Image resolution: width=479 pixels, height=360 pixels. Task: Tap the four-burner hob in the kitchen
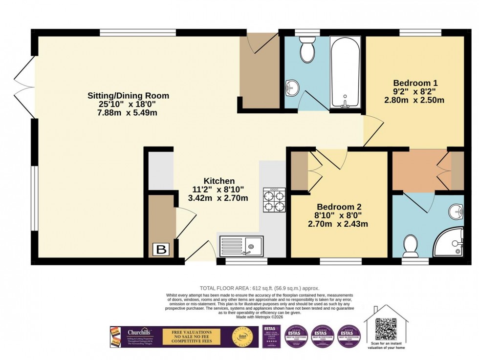pos(274,200)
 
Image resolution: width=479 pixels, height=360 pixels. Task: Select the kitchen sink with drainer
pos(241,246)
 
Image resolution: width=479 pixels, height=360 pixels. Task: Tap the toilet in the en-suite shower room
pos(409,246)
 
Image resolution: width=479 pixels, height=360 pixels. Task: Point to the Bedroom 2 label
pos(338,206)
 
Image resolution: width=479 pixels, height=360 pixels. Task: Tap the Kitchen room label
pos(219,181)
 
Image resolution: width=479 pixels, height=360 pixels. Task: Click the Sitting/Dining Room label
pos(128,95)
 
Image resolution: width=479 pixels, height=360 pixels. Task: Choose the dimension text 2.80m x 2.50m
pos(414,101)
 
